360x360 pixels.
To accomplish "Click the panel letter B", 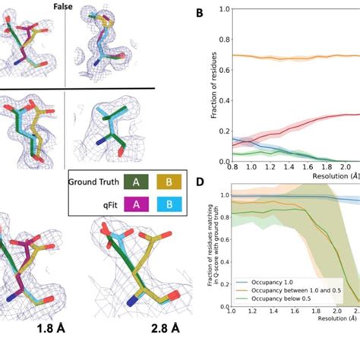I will [199, 14].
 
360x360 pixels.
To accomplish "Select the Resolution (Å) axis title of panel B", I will [334, 175].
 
